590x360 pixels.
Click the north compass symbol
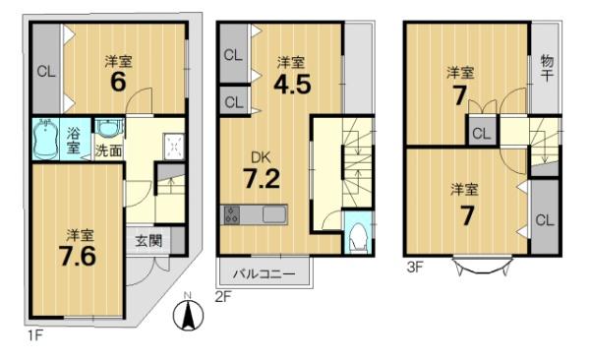188,313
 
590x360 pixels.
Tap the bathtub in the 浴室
45,139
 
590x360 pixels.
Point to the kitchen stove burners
232,214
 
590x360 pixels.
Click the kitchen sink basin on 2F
273,214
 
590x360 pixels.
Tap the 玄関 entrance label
148,241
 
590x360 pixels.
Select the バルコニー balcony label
264,273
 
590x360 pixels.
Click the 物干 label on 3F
547,68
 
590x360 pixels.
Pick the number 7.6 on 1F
78,256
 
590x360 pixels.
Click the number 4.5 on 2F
292,84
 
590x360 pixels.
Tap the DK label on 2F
261,157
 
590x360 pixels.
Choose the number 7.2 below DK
262,178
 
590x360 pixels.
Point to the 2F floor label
223,297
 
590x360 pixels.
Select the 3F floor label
415,268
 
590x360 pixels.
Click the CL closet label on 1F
46,71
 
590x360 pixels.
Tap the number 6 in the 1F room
118,82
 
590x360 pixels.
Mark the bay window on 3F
483,266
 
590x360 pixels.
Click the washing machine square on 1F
174,146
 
